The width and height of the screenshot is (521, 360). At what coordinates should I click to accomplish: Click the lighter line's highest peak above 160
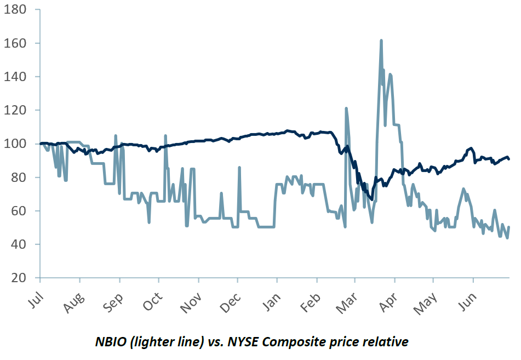pyautogui.click(x=381, y=41)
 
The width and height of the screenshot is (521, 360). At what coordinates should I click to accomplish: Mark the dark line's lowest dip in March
pyautogui.click(x=372, y=199)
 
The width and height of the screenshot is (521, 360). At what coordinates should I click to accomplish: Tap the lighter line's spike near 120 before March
pyautogui.click(x=346, y=108)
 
